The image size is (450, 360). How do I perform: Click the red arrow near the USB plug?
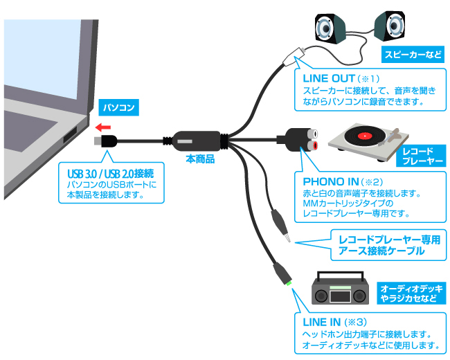(x=103, y=127)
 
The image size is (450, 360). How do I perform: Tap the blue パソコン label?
(x=118, y=107)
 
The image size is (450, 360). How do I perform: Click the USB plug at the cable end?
(x=107, y=141)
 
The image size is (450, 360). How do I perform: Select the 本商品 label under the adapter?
(x=200, y=159)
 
